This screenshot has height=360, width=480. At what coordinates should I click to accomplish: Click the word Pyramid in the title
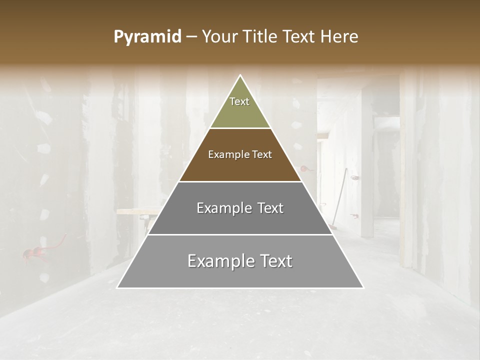pos(147,37)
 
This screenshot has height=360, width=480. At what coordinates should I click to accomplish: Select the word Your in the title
pos(219,37)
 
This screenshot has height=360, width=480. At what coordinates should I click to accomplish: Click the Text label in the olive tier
pos(239,101)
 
